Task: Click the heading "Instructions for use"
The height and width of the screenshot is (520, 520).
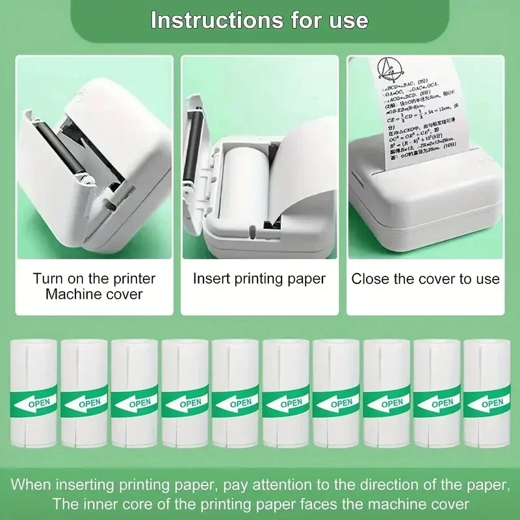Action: [259, 19]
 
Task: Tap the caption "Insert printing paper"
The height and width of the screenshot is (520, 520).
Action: [259, 279]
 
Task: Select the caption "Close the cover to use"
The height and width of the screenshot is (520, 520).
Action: [426, 279]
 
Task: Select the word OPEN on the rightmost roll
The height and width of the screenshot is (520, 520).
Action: [492, 404]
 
